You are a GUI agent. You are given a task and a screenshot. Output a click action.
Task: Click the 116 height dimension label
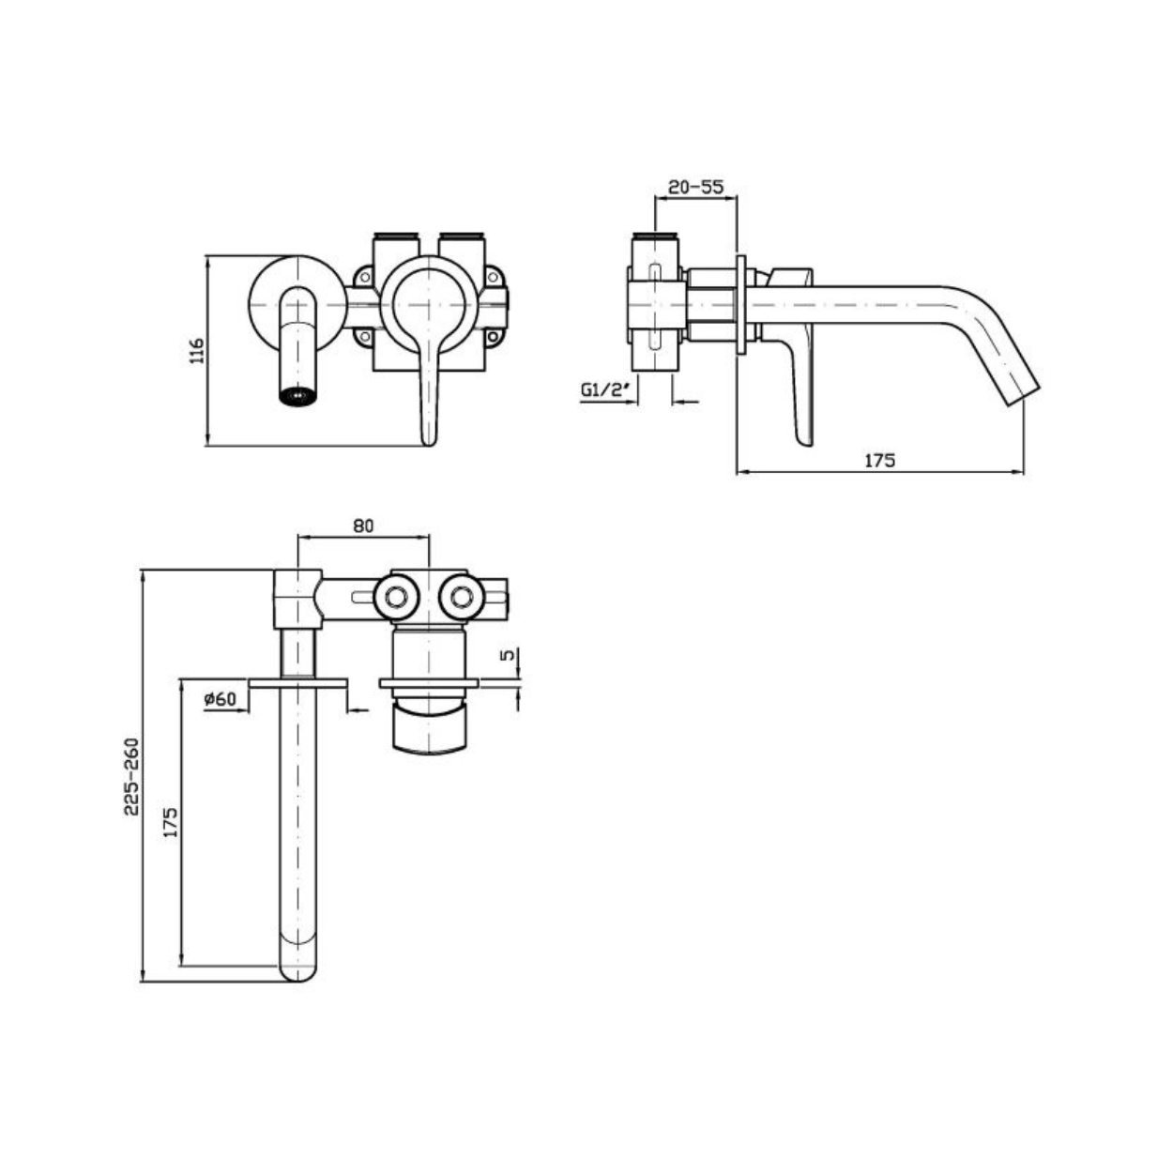tap(197, 350)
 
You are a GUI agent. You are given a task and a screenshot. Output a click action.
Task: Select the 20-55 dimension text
tap(695, 187)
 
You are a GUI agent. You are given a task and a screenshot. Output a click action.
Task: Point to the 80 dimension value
tap(363, 526)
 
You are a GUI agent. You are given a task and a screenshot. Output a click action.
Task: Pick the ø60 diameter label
tap(220, 699)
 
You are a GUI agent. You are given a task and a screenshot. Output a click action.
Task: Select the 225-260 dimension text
tap(132, 777)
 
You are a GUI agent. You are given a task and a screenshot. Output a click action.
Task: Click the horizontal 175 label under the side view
tap(880, 460)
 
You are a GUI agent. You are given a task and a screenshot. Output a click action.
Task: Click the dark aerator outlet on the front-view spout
tap(298, 396)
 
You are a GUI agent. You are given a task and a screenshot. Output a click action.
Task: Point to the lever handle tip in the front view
tap(429, 439)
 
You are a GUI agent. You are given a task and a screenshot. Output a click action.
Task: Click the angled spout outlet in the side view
tap(1020, 394)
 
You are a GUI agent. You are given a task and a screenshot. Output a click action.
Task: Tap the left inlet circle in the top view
tap(396, 597)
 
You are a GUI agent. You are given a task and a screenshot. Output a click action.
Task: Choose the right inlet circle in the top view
tap(462, 597)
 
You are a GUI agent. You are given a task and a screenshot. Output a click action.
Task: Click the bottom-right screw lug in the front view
tap(495, 337)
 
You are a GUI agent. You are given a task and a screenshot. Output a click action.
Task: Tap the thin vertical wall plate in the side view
tap(740, 304)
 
